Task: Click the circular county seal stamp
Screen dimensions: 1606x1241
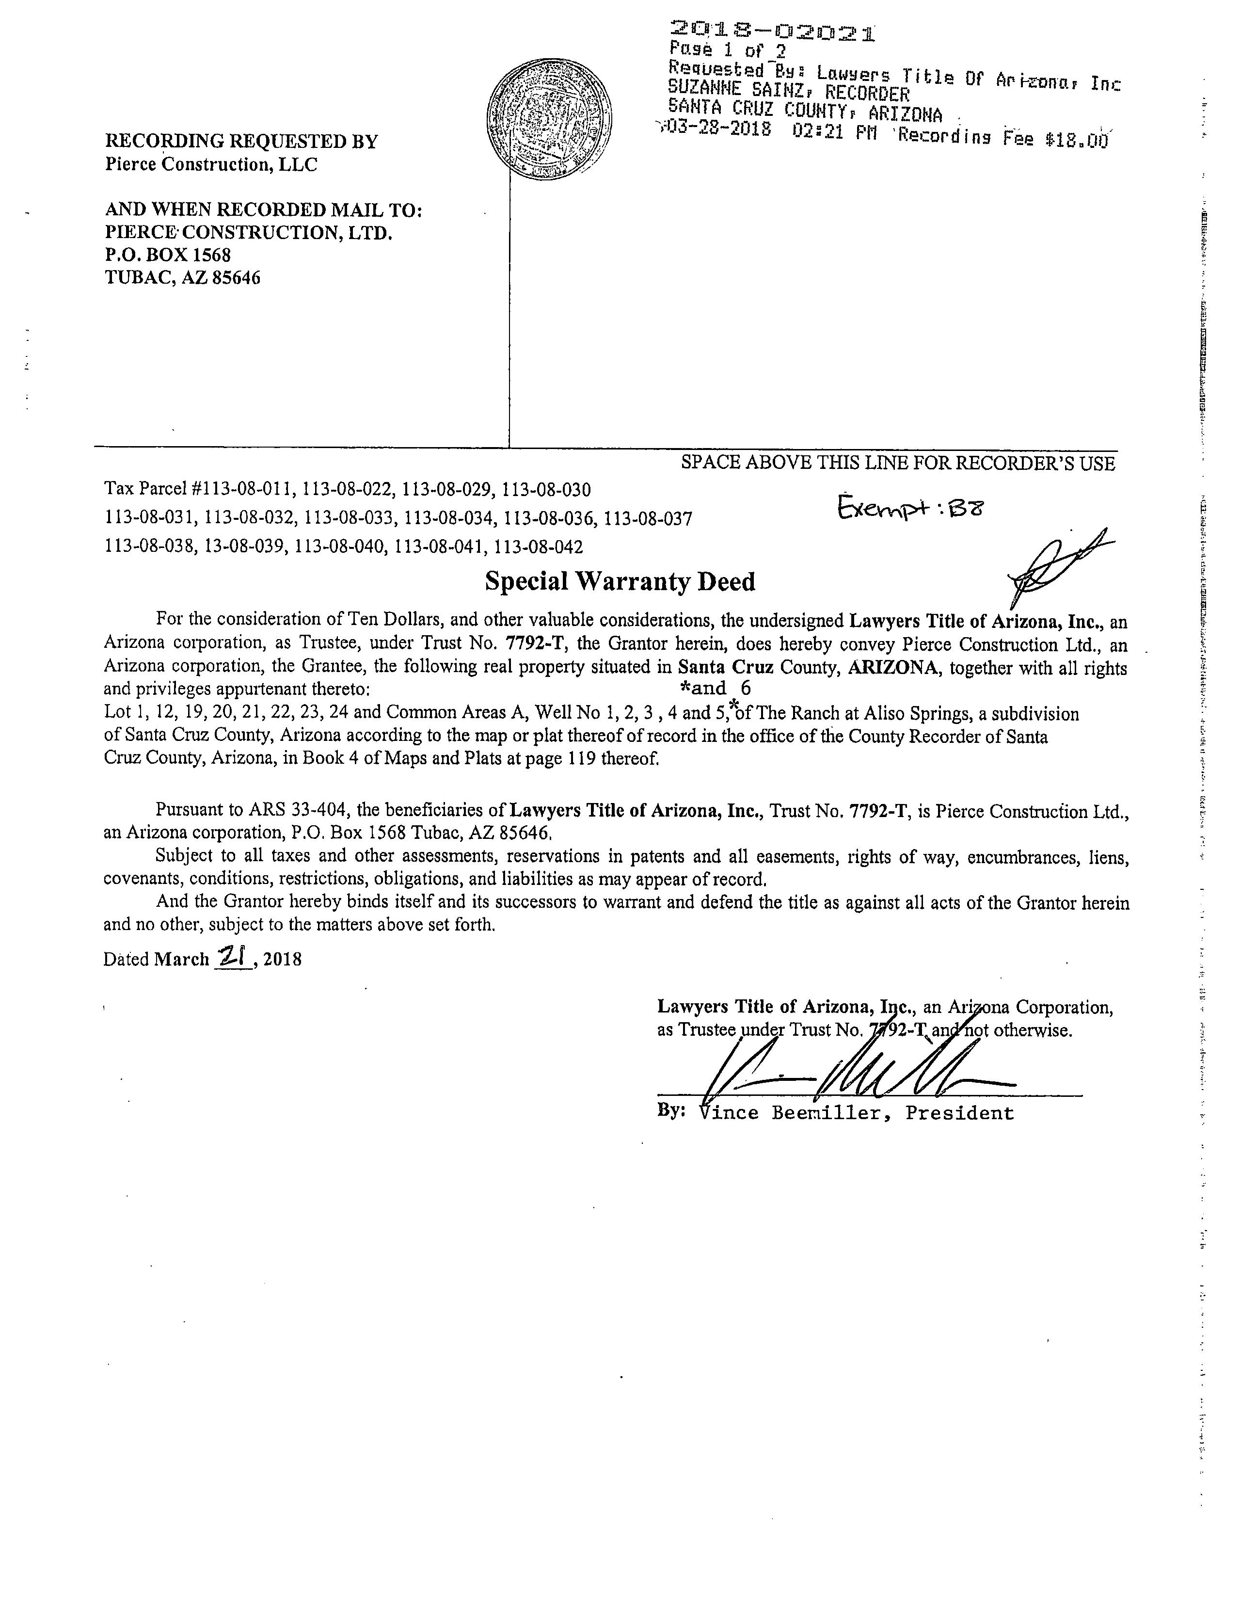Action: (551, 121)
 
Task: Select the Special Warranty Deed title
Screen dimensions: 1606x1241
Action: (620, 582)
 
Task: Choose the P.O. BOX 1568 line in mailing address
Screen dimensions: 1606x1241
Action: (168, 255)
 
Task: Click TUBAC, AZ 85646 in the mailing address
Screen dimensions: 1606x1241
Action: (183, 278)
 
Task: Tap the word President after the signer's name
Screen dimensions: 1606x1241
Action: (959, 1112)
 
